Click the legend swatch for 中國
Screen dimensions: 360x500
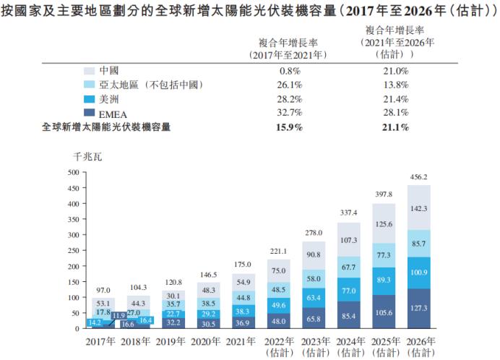point(90,72)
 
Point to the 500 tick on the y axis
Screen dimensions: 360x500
point(72,173)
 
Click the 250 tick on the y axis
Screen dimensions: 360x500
point(72,250)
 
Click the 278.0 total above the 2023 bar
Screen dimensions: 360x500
point(313,233)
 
